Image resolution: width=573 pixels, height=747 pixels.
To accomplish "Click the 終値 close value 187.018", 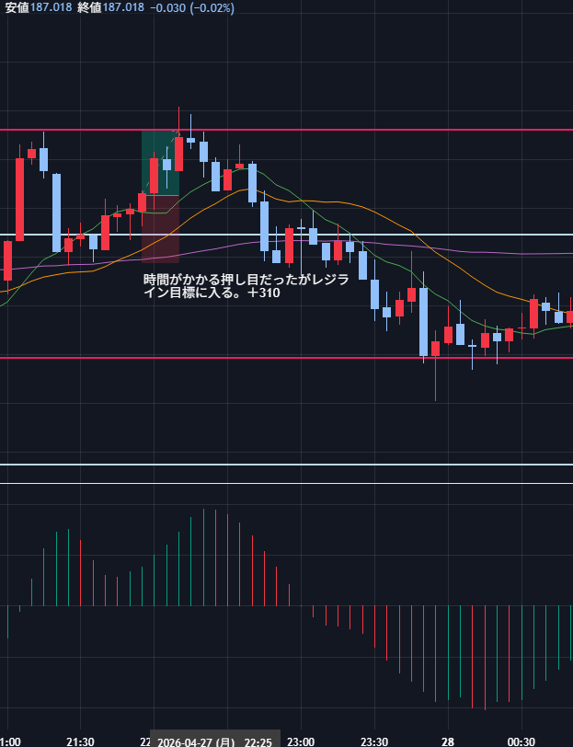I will (x=123, y=7).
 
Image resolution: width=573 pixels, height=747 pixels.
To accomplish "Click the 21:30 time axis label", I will (x=80, y=741).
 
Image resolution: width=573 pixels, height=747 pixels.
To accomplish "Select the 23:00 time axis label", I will (x=301, y=741).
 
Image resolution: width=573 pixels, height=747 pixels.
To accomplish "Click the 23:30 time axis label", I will (x=374, y=741).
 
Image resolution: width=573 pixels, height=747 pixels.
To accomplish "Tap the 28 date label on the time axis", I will (x=447, y=741).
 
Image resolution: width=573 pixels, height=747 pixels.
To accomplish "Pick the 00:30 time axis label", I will (x=521, y=741).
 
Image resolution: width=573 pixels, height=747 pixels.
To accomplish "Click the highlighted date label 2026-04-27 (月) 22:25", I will (x=214, y=741).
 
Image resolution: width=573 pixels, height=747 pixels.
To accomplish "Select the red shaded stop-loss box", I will (x=160, y=230).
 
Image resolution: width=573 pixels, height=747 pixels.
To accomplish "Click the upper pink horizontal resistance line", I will (x=368, y=130).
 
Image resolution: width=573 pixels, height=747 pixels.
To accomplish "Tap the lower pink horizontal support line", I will (x=276, y=357).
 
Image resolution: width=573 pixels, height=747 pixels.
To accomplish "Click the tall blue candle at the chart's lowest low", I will (x=423, y=322).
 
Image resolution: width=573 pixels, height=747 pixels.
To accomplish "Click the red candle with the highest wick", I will (x=178, y=152).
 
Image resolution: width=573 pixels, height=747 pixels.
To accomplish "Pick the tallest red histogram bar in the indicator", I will (x=215, y=556).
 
